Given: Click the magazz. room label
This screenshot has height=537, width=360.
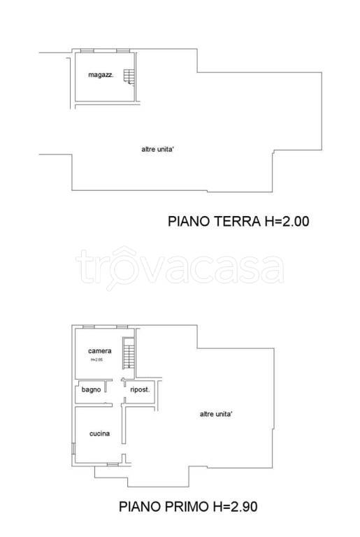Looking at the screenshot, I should (x=101, y=75).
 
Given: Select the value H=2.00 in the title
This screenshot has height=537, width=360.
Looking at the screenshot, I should (x=287, y=222).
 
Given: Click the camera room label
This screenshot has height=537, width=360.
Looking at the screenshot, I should (x=100, y=350).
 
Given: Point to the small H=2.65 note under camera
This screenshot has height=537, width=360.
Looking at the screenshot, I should (x=96, y=360).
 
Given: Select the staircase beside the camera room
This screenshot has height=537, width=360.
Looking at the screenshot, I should (x=127, y=355).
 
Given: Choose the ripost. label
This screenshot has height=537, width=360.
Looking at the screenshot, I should (x=141, y=389).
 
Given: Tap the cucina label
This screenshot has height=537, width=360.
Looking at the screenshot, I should (x=99, y=434).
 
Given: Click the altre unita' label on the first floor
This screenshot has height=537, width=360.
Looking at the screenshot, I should (x=216, y=414).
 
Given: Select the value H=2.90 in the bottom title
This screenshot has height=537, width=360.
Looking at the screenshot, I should (x=240, y=506).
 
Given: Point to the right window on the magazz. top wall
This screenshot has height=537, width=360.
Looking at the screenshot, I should (x=123, y=51).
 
